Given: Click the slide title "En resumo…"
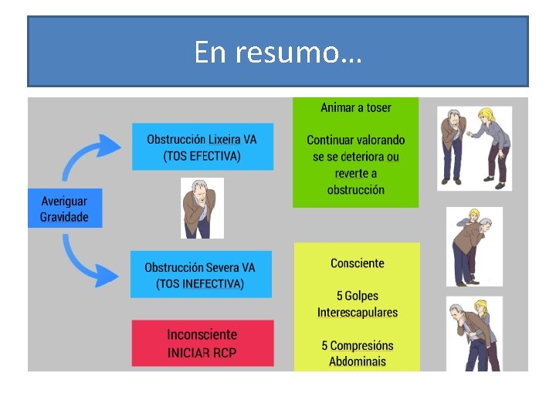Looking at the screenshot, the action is [x=278, y=53].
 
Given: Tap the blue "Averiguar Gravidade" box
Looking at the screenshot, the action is [x=64, y=208].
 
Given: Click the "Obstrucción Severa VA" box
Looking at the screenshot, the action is [x=200, y=275].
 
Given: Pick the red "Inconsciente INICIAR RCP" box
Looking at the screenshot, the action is [x=202, y=344].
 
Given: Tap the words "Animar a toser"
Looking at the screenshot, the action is [x=356, y=107].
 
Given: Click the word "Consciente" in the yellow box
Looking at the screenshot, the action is [x=357, y=263].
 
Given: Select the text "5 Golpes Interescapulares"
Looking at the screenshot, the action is [x=357, y=304].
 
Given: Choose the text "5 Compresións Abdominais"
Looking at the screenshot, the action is [x=357, y=354].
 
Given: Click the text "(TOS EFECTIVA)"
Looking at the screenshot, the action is [x=202, y=156].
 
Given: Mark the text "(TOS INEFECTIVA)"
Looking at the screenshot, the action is [x=200, y=283].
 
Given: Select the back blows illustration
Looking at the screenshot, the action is [x=473, y=247].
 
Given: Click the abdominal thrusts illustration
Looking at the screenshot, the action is [x=473, y=334].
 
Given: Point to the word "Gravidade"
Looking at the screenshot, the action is [x=64, y=217].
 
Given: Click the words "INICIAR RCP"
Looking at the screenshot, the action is [x=202, y=353].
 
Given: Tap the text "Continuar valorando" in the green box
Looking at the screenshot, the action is [x=356, y=140].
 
